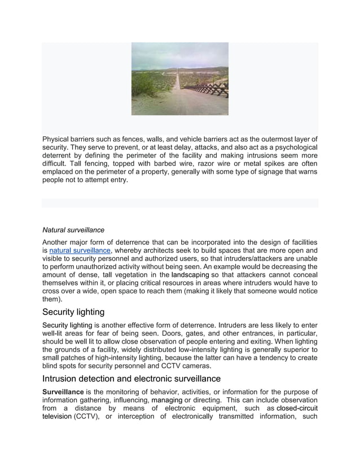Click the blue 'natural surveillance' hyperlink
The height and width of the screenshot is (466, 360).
coord(80,250)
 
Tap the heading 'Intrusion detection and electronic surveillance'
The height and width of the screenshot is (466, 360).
coord(131,379)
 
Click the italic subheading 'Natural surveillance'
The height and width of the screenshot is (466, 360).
coord(73,230)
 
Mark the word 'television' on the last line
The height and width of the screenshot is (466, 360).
coord(57,417)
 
